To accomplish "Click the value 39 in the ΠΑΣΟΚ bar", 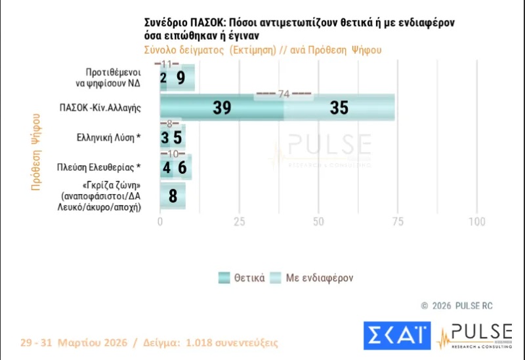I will coord(222,108).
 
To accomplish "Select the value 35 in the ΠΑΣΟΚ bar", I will coord(339,108).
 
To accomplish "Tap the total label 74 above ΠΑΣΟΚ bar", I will coord(283,94).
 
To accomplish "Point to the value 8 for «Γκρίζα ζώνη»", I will coord(173,195).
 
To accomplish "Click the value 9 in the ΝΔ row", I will coord(180,78).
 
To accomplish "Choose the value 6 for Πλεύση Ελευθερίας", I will coord(182,168).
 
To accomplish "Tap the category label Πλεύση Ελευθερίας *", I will coord(106,167).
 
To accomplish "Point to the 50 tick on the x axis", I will coord(318,222).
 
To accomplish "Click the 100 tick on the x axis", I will coord(476,222).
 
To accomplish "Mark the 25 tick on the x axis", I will coord(239,222).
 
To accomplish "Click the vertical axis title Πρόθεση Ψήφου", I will coord(36,151).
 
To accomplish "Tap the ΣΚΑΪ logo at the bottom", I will coord(397,335).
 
